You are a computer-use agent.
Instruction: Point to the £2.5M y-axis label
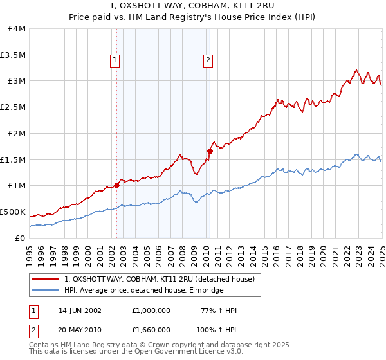tap(14, 107)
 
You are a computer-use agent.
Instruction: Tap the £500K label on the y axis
tap(13, 212)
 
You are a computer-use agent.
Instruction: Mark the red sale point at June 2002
tap(116, 185)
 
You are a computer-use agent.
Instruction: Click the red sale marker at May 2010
tap(210, 151)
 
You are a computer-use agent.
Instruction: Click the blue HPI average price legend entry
tap(143, 291)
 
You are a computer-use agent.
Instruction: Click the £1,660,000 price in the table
tap(152, 328)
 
